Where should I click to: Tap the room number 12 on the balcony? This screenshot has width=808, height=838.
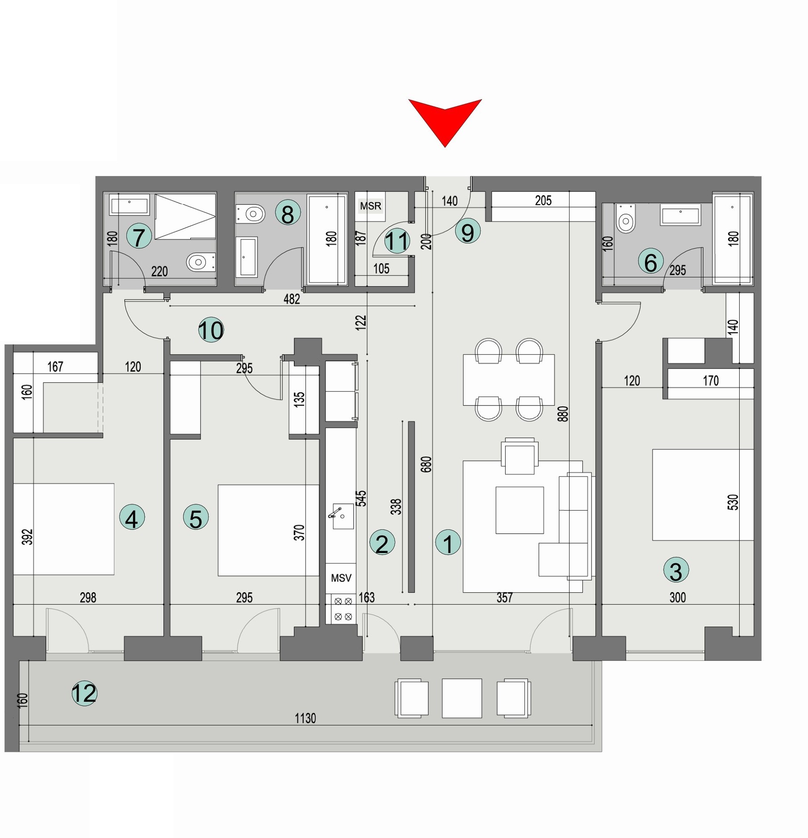(84, 693)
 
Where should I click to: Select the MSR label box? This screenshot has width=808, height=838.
(370, 206)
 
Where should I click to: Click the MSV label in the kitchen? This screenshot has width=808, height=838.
(341, 578)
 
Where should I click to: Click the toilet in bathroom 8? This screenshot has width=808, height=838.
(251, 214)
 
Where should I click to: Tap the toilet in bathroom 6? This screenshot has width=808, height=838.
(626, 220)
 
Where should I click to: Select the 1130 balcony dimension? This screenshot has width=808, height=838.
(305, 718)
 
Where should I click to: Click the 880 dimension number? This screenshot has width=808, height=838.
(563, 414)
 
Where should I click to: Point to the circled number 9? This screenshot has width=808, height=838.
(468, 232)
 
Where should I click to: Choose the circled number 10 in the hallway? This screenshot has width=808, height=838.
(211, 330)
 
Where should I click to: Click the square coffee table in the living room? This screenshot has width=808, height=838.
(519, 510)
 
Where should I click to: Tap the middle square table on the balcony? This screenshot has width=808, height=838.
(462, 698)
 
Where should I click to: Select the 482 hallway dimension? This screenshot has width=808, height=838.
(292, 299)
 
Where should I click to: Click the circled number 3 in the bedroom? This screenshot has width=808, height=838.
(676, 570)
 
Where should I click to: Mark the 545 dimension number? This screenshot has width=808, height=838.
(361, 498)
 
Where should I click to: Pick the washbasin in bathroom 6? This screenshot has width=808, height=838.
(680, 216)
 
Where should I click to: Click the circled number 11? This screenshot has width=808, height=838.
(397, 241)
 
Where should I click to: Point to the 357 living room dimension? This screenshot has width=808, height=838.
(504, 598)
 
